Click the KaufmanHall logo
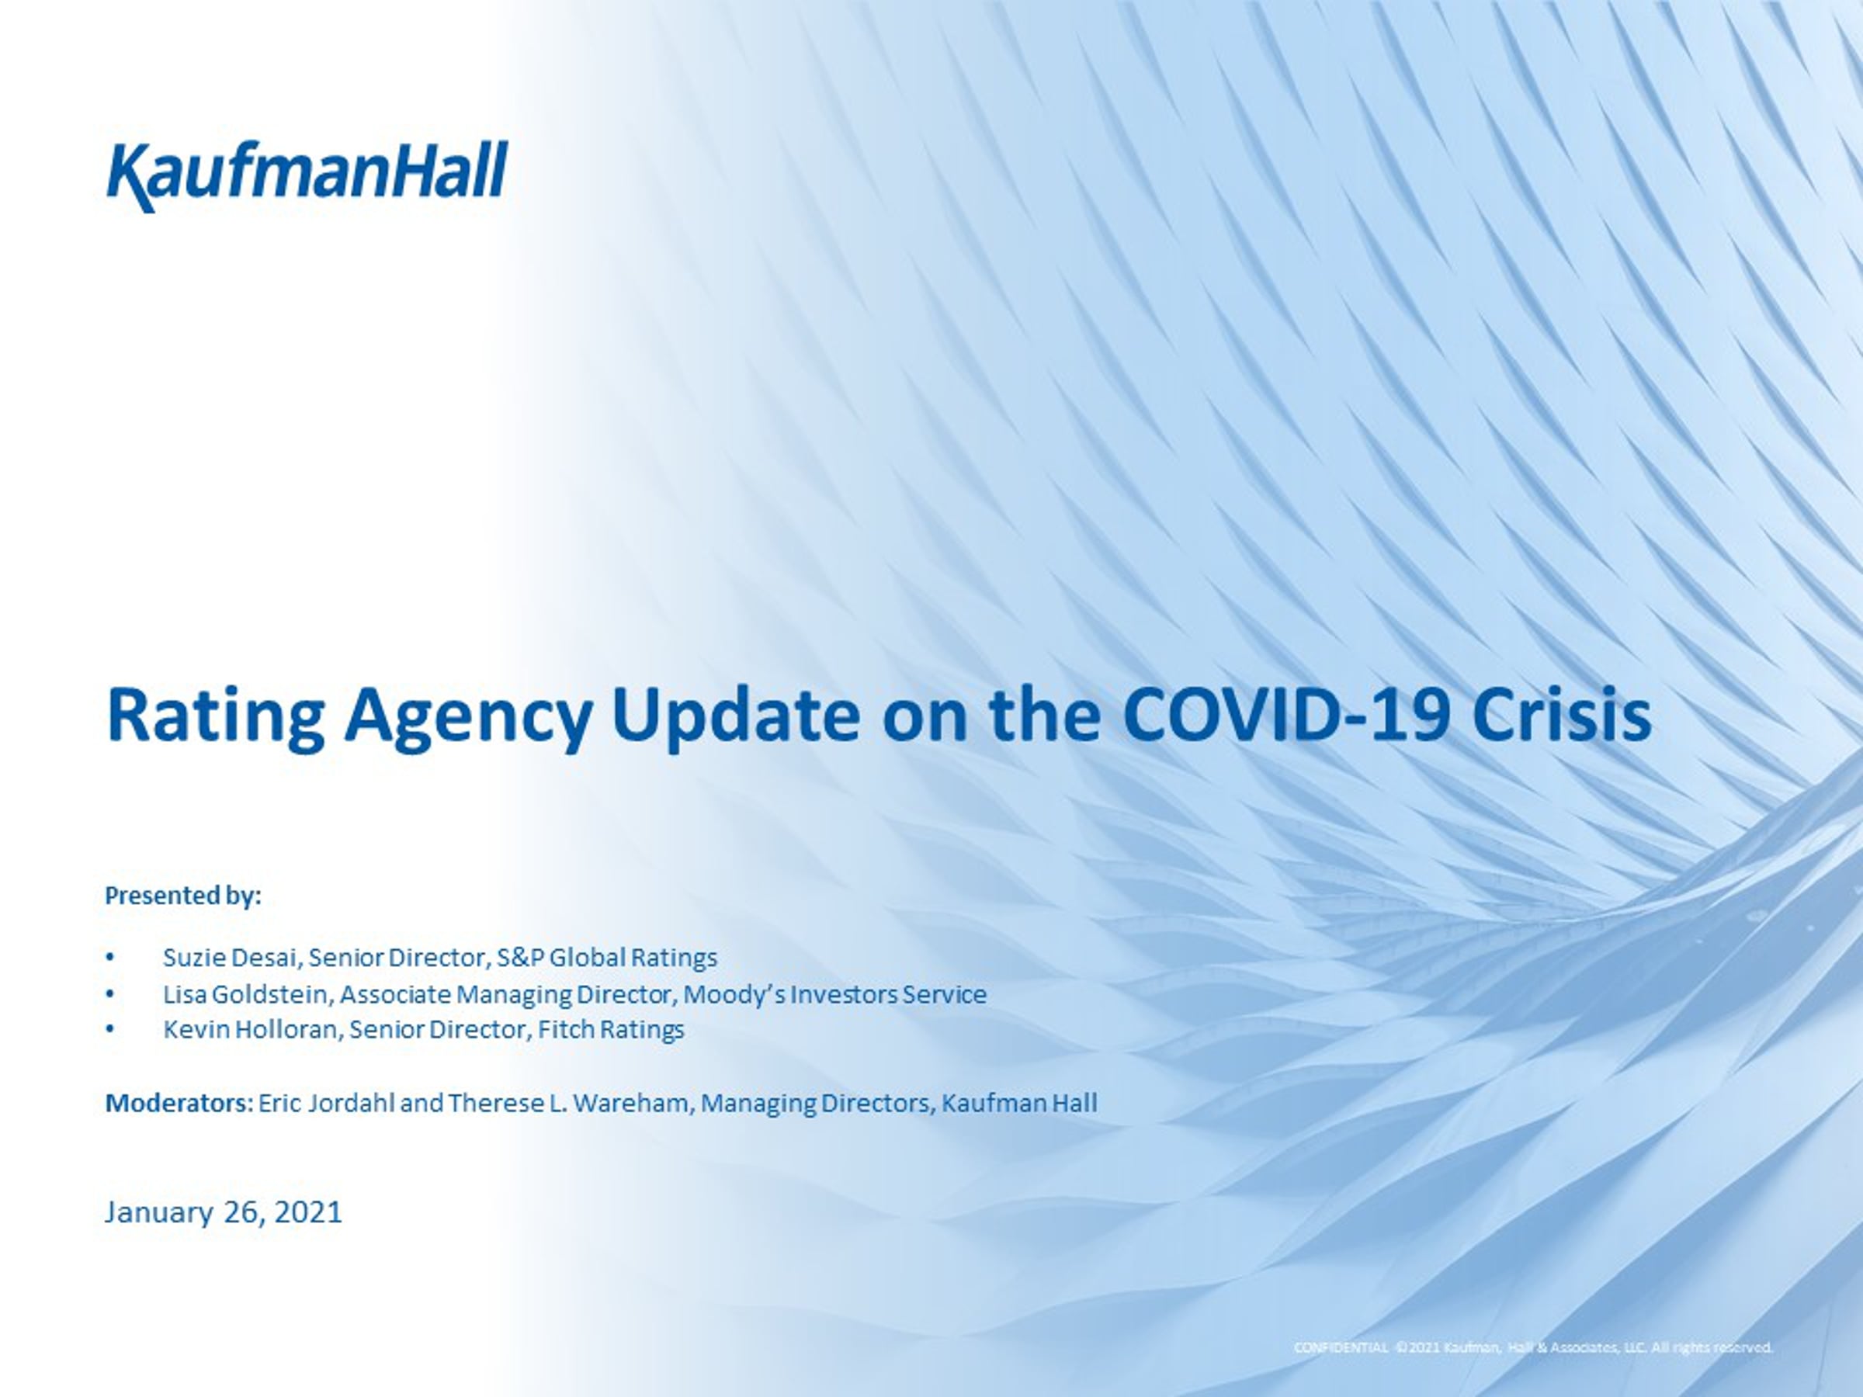[307, 176]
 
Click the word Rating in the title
[216, 717]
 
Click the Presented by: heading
[182, 896]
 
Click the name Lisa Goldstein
[247, 994]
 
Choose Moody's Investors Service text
[834, 994]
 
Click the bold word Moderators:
[179, 1103]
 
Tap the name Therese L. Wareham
[568, 1103]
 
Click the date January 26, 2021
[224, 1212]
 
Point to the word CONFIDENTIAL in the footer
[1341, 1371]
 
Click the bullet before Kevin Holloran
[109, 1030]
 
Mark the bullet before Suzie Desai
[109, 958]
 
